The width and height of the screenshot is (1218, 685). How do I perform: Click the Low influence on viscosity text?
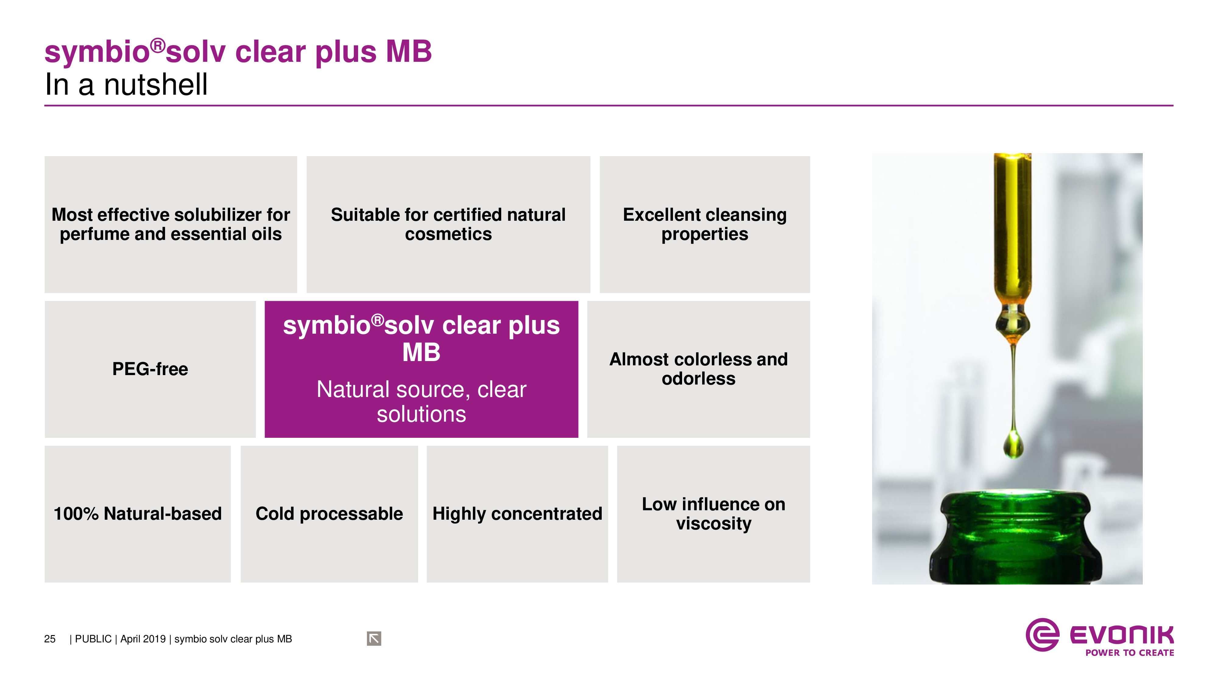pos(713,514)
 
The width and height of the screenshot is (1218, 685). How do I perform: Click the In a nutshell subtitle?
pos(126,85)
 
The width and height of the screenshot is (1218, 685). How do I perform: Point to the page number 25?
pos(50,639)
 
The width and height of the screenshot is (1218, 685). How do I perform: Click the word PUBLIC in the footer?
pos(93,639)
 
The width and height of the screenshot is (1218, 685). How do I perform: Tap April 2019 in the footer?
pos(143,639)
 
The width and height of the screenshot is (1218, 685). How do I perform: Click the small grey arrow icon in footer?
pos(374,639)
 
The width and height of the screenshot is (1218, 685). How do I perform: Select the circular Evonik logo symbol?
pos(1042,635)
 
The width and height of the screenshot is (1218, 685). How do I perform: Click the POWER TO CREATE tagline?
pos(1130,653)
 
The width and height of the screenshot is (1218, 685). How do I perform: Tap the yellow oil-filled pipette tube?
pos(1012,232)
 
